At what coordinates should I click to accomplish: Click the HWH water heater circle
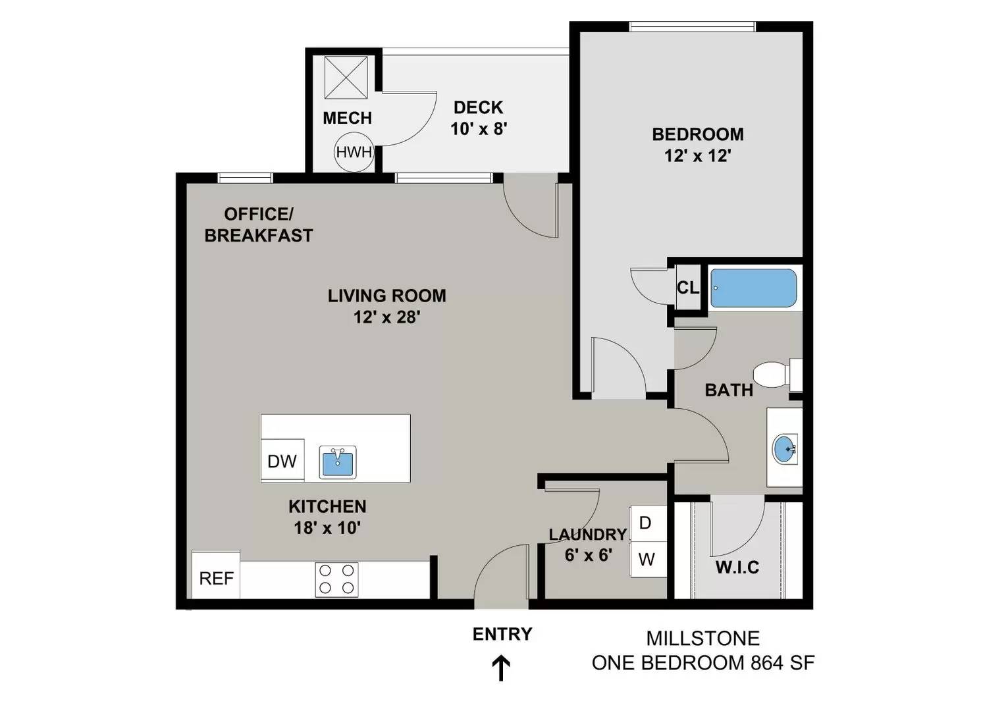pos(354,152)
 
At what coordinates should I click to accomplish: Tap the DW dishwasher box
pos(282,460)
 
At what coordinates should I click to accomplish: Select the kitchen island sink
pos(338,462)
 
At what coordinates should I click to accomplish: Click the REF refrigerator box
pos(216,575)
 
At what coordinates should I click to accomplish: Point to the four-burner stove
pos(336,579)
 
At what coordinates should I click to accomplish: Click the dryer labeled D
pos(648,523)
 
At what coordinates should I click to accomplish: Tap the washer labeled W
pos(648,560)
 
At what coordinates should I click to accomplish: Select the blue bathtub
pos(753,288)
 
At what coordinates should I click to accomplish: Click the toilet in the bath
pos(778,375)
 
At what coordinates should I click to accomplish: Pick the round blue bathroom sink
pos(785,449)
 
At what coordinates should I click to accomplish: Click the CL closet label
pos(688,288)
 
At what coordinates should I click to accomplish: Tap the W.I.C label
pos(737,567)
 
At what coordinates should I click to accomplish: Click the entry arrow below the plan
pos(501,669)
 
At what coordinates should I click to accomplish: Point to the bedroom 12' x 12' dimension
pos(698,156)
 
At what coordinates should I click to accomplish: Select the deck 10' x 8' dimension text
pos(479,129)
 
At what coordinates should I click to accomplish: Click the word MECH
pos(347,118)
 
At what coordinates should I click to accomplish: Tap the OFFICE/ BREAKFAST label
pos(259,224)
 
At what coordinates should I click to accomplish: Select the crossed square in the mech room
pos(346,77)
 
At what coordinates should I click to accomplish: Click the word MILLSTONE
pos(703,638)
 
